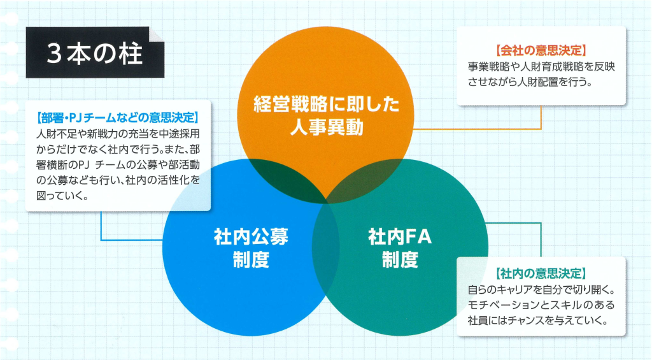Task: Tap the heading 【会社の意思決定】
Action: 541,51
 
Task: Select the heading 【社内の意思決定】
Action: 541,273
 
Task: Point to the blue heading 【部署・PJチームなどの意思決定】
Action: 118,118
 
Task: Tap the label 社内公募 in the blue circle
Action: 251,237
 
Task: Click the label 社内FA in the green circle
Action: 400,237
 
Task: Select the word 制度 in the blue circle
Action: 251,260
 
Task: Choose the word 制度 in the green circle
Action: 400,260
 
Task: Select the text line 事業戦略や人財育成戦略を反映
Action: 541,67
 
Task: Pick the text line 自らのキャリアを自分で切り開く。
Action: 541,289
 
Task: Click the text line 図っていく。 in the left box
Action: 62,196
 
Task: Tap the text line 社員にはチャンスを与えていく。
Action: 537,320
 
